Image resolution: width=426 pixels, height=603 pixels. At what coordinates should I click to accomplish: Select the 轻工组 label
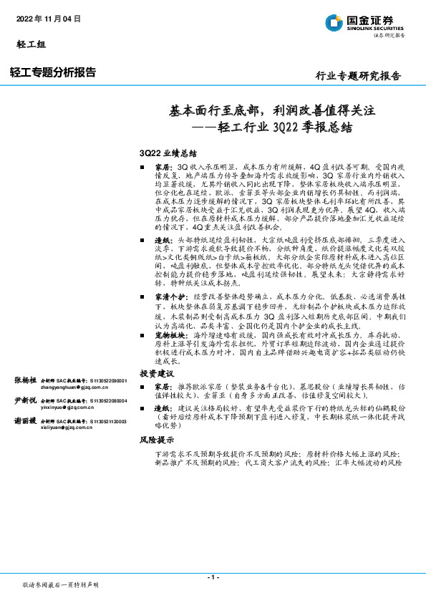31,44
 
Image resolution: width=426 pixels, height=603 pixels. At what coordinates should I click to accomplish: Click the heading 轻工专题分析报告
53,72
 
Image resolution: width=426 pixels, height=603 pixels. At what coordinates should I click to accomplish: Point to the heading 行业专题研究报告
358,76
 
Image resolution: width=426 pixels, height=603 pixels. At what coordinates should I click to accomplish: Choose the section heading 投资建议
157,374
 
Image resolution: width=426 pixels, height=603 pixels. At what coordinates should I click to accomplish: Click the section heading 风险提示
157,440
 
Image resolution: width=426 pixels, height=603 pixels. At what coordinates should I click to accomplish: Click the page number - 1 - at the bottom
213,577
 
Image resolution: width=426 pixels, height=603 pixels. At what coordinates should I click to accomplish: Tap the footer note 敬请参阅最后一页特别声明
60,584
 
